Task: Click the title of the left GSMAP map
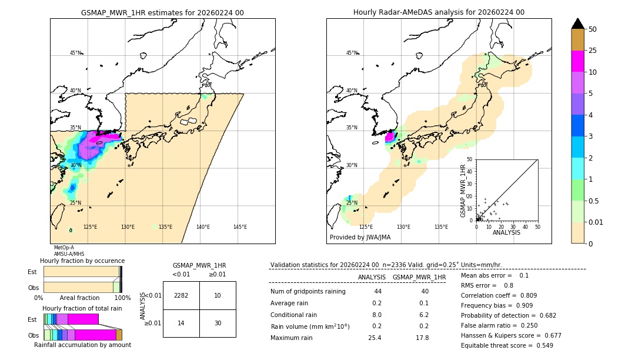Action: point(162,12)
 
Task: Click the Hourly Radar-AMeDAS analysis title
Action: point(439,12)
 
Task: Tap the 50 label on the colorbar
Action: point(593,29)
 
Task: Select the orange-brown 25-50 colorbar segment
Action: point(577,40)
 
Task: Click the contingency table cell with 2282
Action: point(181,295)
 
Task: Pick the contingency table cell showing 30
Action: point(218,323)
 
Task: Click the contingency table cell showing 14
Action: point(181,323)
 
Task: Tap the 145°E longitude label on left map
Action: point(240,227)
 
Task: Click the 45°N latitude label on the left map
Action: point(75,53)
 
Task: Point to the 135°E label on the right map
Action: point(441,227)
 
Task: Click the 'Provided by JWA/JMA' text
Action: point(360,238)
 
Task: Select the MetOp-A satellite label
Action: point(64,248)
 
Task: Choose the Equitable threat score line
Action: point(507,345)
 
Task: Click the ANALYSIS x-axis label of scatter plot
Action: point(506,232)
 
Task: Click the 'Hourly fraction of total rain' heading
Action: point(82,308)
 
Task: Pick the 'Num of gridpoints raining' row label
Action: point(308,292)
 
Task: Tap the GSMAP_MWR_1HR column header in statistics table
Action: point(419,277)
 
